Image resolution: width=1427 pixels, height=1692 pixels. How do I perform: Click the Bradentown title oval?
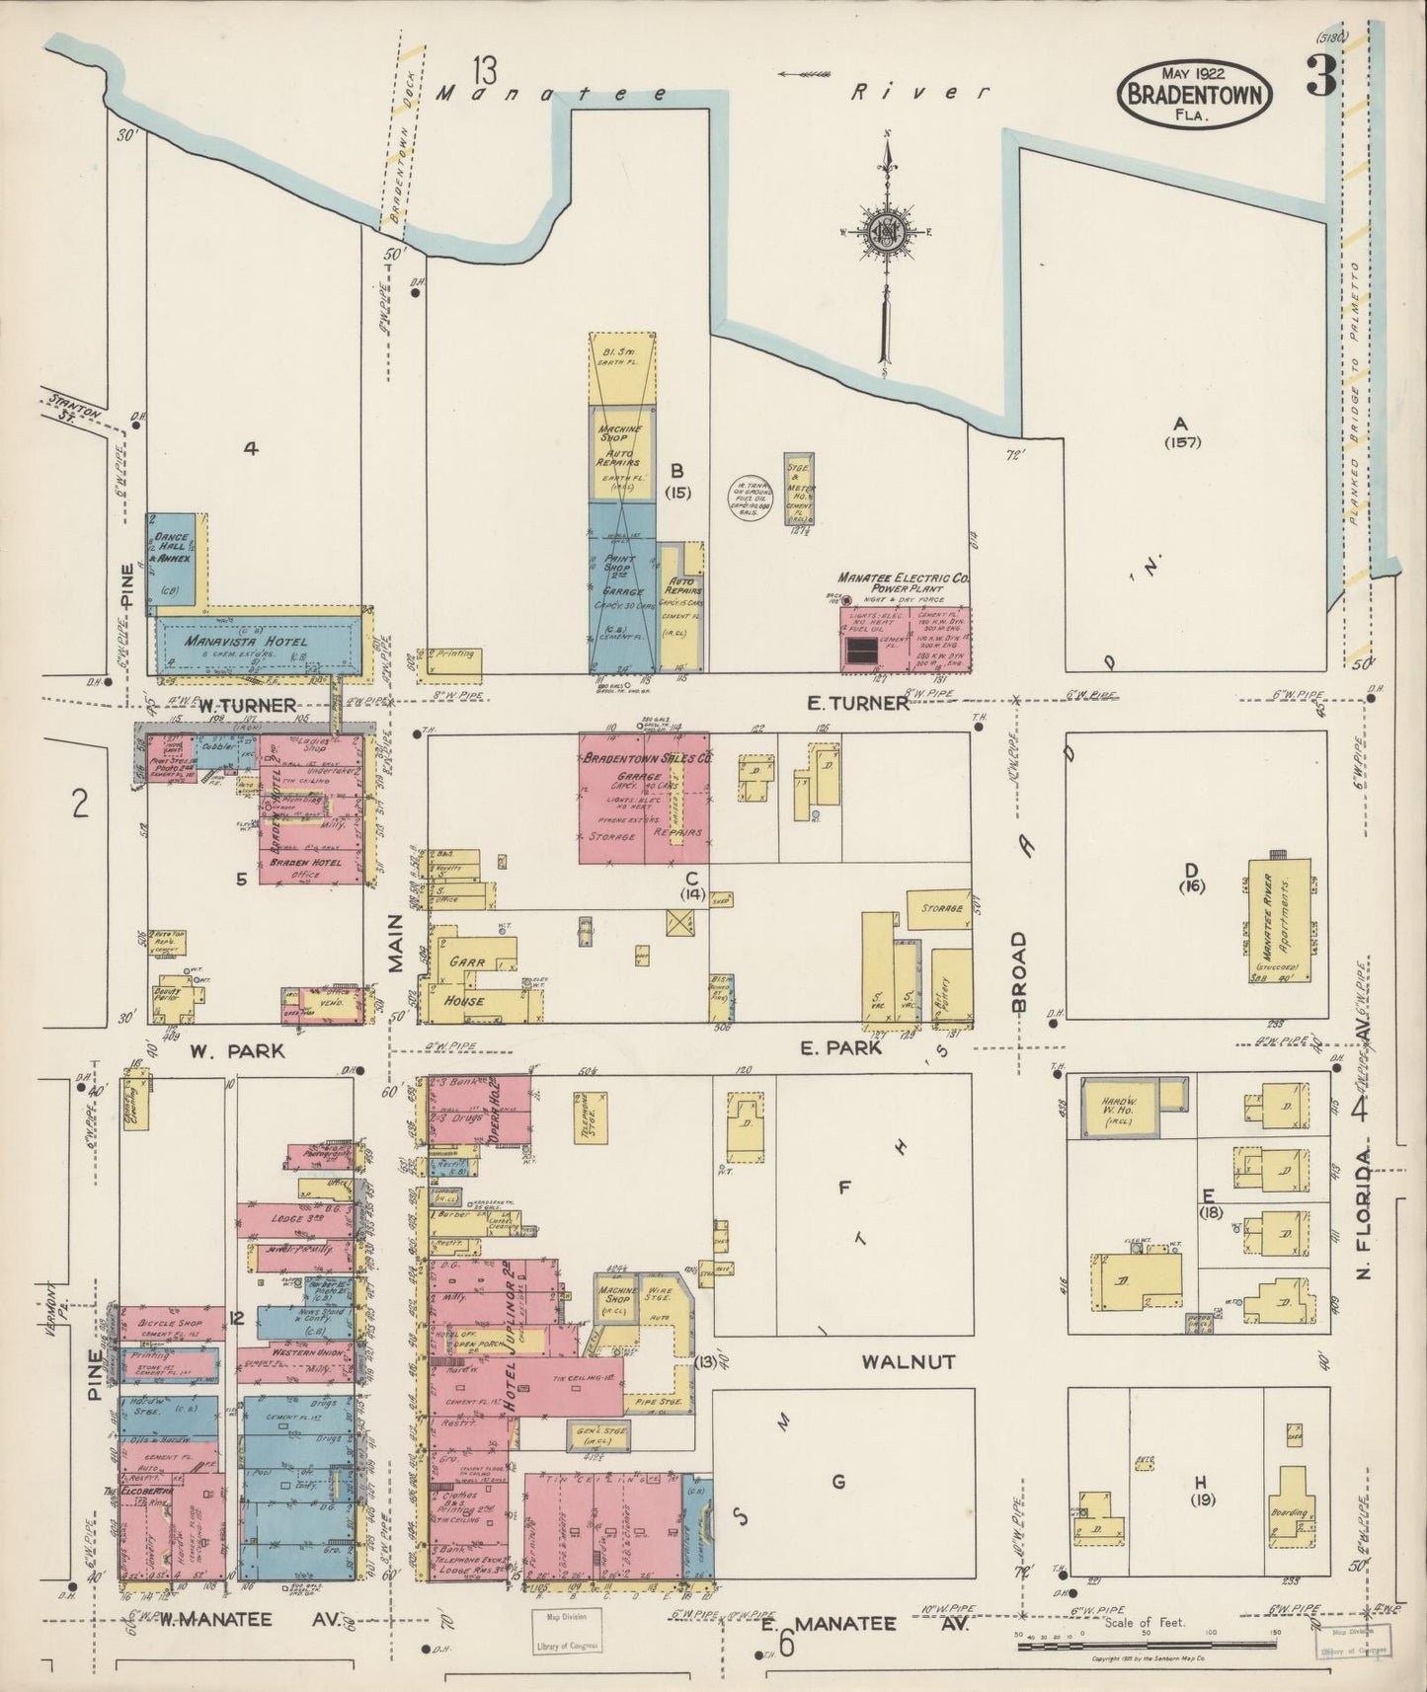pos(1195,92)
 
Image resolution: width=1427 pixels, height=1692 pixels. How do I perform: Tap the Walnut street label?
pos(908,1363)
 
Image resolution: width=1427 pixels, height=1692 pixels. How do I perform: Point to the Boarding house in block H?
pos(1289,1511)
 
